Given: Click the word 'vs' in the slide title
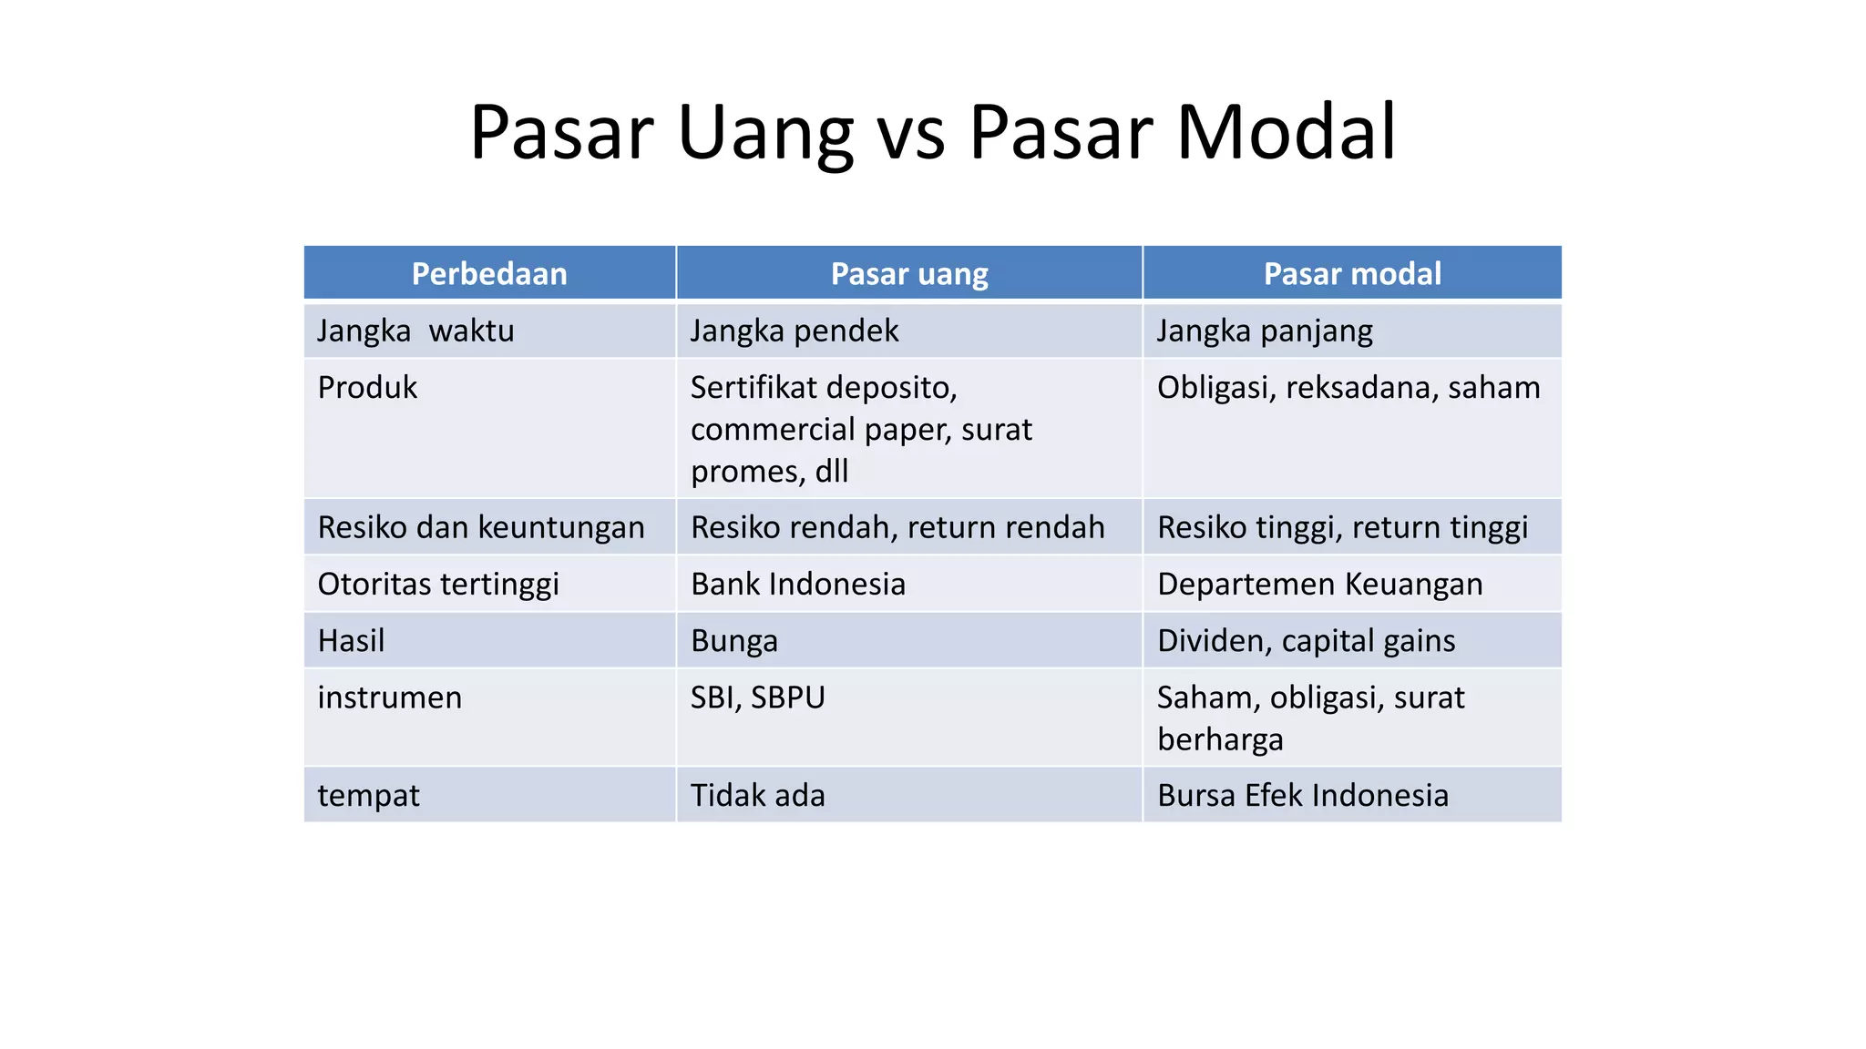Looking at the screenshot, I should coord(910,134).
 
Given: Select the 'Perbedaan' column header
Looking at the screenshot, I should coord(489,273).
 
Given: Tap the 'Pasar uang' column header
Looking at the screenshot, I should coord(909,273).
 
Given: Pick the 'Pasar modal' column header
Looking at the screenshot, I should coord(1352,273).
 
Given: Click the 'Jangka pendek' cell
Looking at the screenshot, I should coord(794,331).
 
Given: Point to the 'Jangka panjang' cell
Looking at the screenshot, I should coord(1265,331).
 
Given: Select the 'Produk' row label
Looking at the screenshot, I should coord(367,388).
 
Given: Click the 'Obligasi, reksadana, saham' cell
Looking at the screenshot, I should coord(1348,388).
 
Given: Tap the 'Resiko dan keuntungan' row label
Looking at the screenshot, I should coord(481,527).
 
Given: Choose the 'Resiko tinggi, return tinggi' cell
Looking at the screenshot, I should coord(1342,527).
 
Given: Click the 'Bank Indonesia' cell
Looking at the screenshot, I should coord(798,584).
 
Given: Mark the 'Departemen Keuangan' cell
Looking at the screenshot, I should coord(1319,584).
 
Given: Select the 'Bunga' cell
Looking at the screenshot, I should coord(734,641).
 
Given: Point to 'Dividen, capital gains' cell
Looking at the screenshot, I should coord(1306,641).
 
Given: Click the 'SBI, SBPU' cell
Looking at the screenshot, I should coord(757,698).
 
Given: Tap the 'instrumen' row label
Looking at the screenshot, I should coord(389,698).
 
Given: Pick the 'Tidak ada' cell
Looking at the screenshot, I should coord(757,796).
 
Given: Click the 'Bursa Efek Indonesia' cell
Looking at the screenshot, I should coord(1302,796).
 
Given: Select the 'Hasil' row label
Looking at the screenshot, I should coord(351,641).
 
